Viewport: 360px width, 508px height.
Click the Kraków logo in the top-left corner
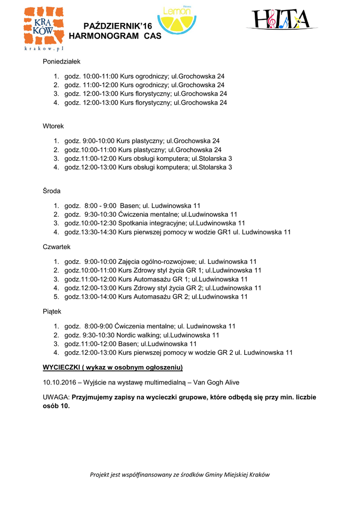[x=44, y=29]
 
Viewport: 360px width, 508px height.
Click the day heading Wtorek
[x=54, y=127]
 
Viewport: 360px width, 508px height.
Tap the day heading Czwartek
[x=57, y=247]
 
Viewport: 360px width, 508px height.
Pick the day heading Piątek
[x=52, y=312]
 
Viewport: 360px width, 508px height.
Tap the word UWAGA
[x=56, y=397]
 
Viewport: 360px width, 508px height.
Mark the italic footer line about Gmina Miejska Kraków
[x=180, y=475]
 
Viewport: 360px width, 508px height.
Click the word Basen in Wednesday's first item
[x=130, y=205]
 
